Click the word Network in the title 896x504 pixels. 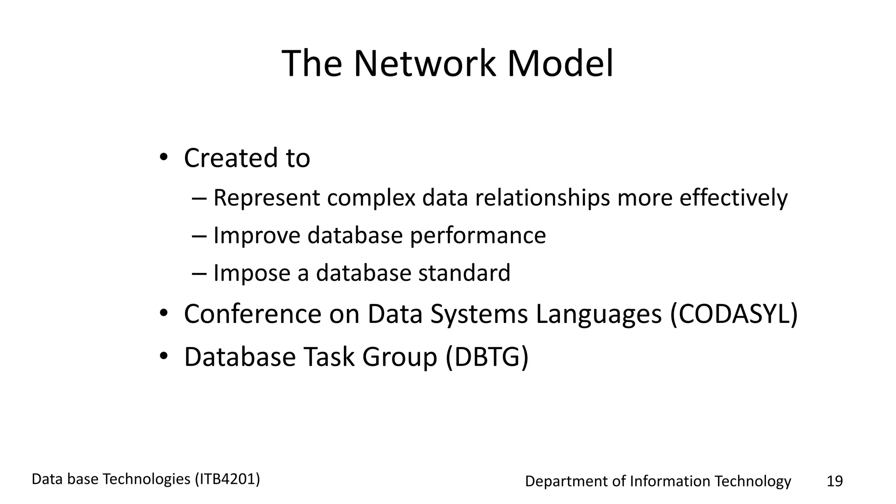click(424, 64)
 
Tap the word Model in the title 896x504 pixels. click(560, 64)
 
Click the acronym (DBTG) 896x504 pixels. click(487, 357)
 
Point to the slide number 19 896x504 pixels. click(834, 481)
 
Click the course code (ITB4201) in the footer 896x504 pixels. click(227, 479)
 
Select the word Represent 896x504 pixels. click(266, 198)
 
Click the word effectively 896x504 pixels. click(733, 198)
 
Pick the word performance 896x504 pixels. click(478, 235)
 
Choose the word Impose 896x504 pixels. click(252, 273)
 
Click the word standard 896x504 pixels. click(464, 273)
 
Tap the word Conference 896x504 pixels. click(252, 314)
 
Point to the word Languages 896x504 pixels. click(598, 314)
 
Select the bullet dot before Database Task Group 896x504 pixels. click(163, 356)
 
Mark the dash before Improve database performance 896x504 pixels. click(199, 236)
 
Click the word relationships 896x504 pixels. click(542, 198)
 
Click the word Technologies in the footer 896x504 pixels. click(146, 479)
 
